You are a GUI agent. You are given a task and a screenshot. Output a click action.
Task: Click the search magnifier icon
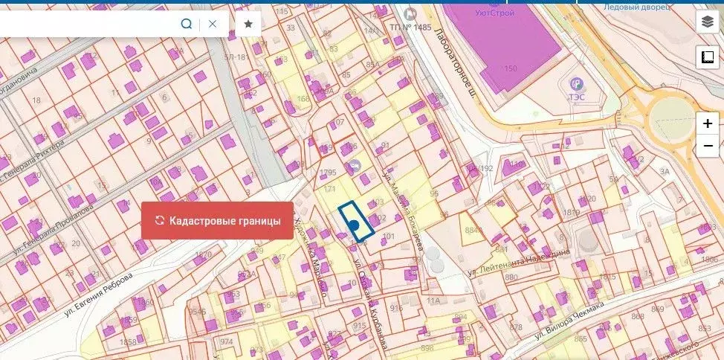coord(187,24)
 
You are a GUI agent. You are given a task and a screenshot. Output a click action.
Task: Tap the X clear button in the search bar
coord(213,24)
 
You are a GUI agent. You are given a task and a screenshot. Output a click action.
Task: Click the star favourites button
coord(248,24)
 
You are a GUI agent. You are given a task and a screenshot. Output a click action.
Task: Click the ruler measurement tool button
coord(706,57)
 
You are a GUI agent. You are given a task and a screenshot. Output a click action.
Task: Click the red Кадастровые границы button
coord(217,221)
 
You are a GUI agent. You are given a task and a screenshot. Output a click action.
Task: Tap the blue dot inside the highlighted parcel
coord(354,225)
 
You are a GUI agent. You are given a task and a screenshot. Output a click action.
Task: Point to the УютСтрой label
coord(497,13)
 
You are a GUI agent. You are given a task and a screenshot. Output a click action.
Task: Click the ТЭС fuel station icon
coord(575,83)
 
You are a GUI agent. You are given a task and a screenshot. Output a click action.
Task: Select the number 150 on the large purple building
coord(511,68)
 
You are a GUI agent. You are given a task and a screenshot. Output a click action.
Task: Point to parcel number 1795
coord(328,173)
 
